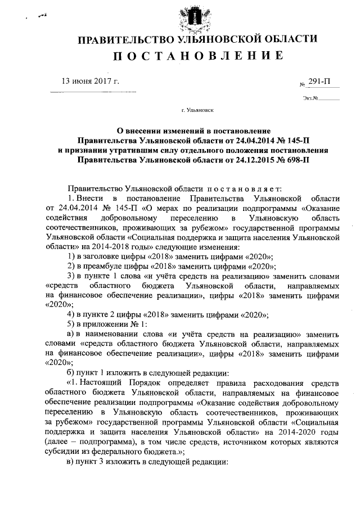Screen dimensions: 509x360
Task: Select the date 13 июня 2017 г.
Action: (x=91, y=82)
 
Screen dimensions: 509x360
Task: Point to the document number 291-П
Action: (x=319, y=82)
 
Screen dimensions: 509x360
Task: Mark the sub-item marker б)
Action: (x=71, y=372)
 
